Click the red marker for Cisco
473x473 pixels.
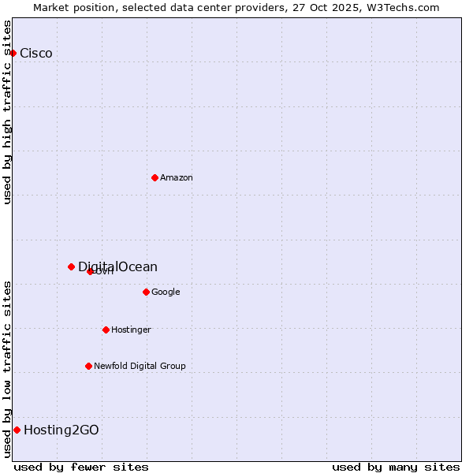[x=13, y=53]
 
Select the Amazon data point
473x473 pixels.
[x=155, y=177]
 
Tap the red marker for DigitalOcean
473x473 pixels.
[x=71, y=266]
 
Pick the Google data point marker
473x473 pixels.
[x=146, y=292]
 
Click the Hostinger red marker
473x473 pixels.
[x=106, y=330]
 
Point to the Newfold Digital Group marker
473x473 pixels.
[x=88, y=366]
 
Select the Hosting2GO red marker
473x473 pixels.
[x=17, y=430]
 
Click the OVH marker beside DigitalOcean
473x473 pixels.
[x=90, y=271]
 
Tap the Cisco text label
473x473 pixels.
[x=36, y=54]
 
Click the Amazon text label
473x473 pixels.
[x=177, y=178]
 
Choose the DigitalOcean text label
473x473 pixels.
[x=118, y=266]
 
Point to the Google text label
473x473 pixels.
[x=166, y=292]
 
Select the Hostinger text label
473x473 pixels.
[x=131, y=330]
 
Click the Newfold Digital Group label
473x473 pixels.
[x=140, y=367]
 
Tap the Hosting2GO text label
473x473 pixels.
[x=61, y=430]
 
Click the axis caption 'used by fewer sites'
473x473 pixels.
[x=81, y=467]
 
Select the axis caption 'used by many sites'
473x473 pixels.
[x=396, y=467]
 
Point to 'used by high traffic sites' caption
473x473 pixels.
[x=8, y=112]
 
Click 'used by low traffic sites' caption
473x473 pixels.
[x=8, y=368]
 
